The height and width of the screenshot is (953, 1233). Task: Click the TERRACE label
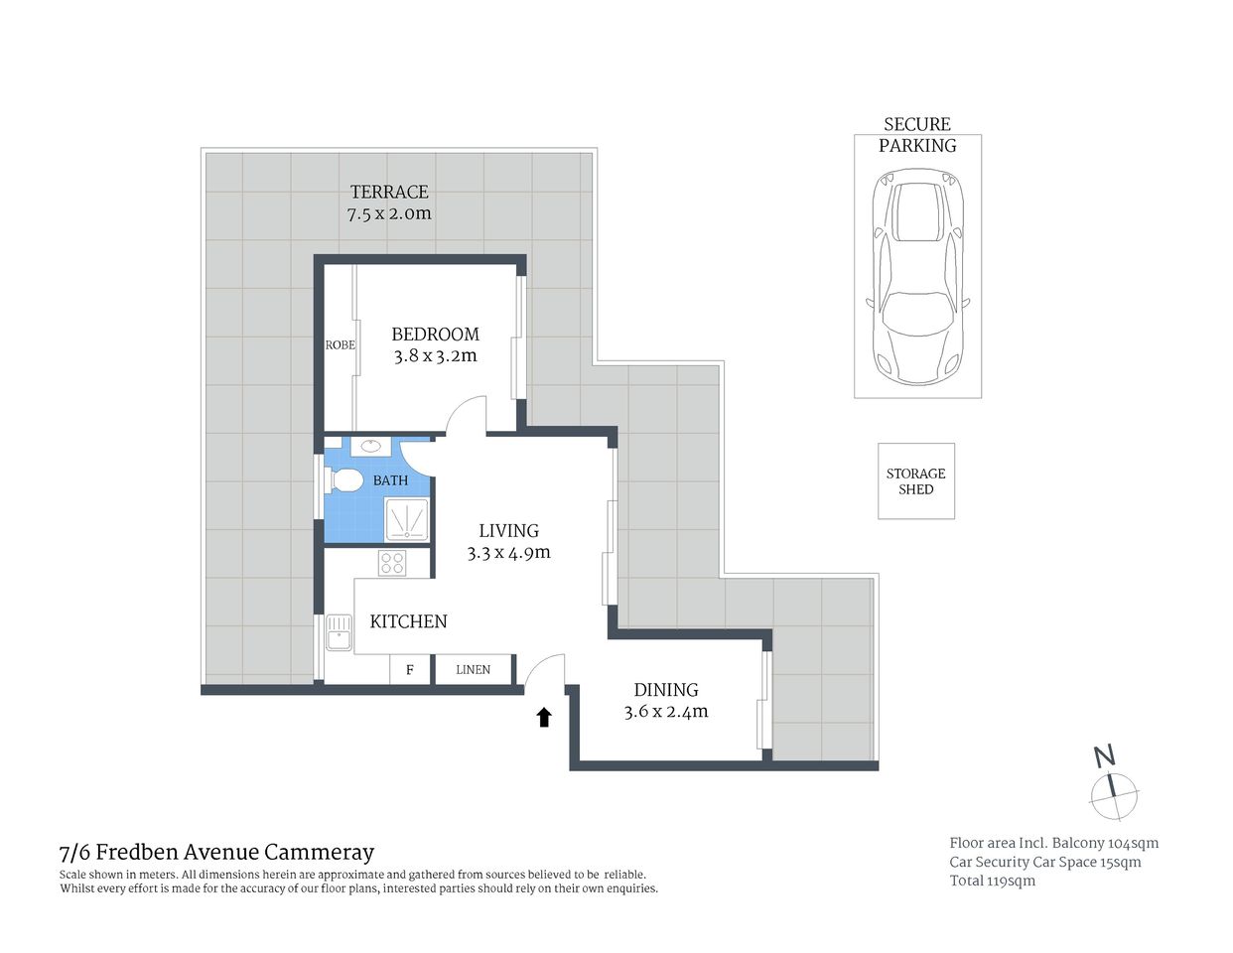coord(389,192)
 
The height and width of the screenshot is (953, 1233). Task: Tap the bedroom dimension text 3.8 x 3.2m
coord(435,356)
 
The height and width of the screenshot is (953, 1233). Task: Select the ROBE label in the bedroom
coord(340,345)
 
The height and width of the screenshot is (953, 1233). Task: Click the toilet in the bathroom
coord(343,480)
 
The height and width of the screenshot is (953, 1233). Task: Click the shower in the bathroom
coord(408,519)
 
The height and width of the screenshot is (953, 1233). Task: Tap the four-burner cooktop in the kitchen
coord(392,563)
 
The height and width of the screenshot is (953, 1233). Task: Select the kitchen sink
coord(339,632)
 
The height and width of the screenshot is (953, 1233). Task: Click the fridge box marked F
coord(409,670)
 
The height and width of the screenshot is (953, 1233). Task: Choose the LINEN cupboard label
coord(473,670)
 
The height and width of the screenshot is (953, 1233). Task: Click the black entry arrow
coord(544,717)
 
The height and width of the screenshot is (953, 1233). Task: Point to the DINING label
coord(666,690)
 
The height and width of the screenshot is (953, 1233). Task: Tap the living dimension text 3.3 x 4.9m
coord(508,553)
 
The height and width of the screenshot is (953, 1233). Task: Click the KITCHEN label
coord(408,621)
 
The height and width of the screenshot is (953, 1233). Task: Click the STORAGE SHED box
coord(915,481)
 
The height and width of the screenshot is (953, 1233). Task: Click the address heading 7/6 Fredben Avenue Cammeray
coord(216,852)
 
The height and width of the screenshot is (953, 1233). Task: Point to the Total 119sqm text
coord(992,881)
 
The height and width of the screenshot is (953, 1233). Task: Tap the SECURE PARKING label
coord(917,135)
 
